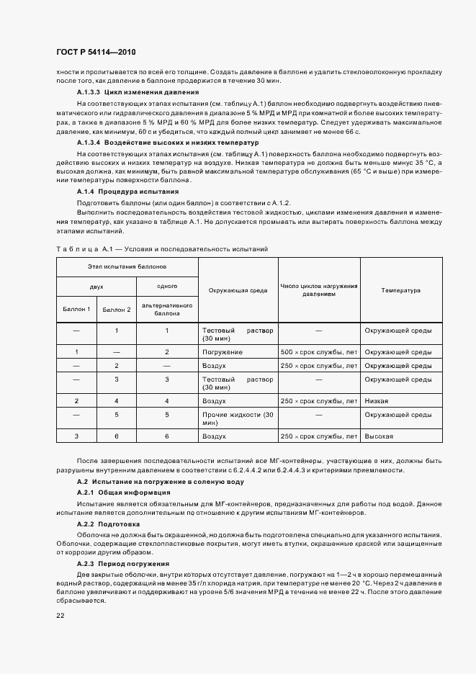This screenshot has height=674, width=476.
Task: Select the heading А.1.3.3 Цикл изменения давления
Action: click(x=133, y=93)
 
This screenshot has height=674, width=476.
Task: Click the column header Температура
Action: click(x=401, y=290)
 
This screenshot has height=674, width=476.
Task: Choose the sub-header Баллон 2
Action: click(x=116, y=310)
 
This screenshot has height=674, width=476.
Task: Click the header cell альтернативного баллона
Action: click(x=166, y=310)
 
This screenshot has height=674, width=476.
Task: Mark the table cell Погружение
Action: click(x=223, y=352)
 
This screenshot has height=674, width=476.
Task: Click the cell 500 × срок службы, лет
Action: click(x=318, y=352)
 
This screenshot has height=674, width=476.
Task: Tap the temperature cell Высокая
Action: click(x=379, y=436)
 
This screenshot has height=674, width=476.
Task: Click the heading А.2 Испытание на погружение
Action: click(x=160, y=481)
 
